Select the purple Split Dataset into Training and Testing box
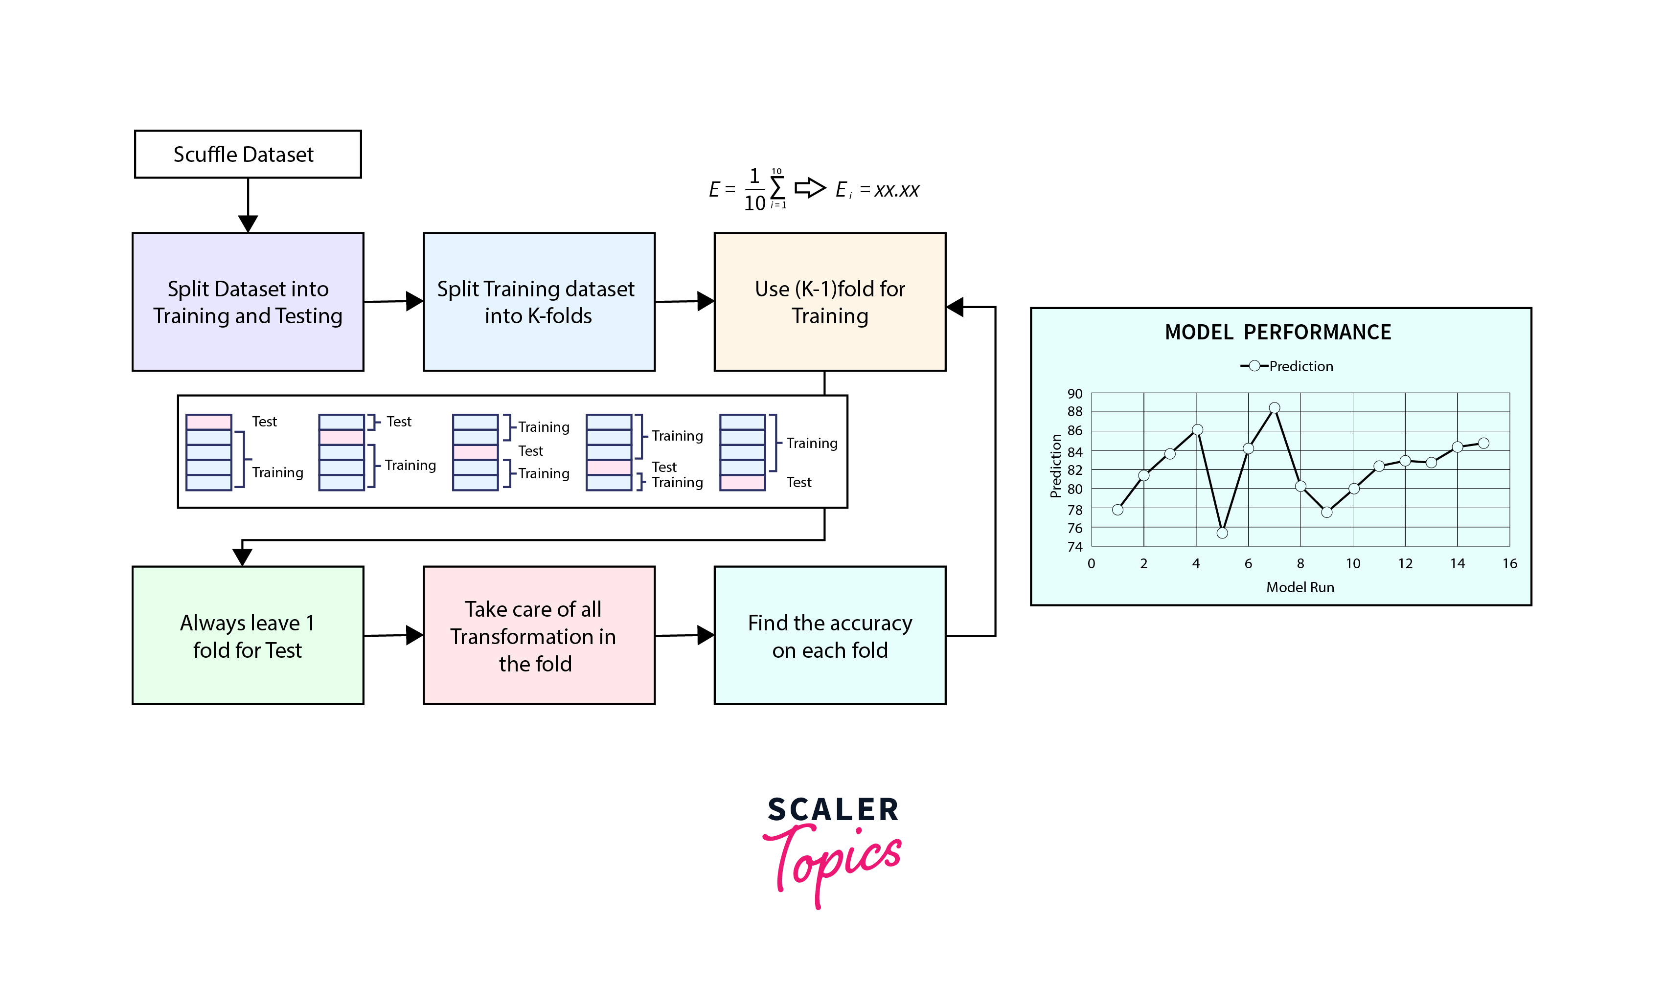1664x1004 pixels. point(248,302)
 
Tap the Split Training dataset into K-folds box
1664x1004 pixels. point(539,302)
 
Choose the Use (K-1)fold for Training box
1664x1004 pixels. point(830,302)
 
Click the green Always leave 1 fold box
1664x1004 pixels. point(248,635)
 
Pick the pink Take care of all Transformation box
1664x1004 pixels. point(539,635)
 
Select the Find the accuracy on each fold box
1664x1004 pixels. point(830,635)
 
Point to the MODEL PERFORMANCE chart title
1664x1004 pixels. point(1277,332)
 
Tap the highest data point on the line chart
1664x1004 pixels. point(1275,408)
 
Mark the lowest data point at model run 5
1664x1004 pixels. point(1222,533)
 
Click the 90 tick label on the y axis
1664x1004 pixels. point(1074,394)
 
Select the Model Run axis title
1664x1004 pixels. point(1300,587)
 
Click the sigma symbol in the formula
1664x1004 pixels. point(777,188)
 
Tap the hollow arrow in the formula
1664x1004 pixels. point(810,188)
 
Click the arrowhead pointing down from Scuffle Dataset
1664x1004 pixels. point(248,223)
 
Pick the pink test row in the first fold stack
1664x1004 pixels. point(209,422)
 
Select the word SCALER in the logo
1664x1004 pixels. point(833,809)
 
